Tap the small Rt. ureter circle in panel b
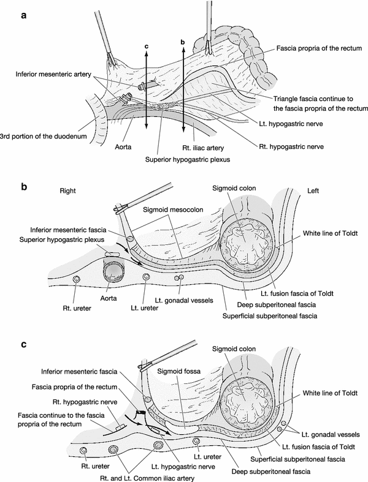[x=75, y=279]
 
